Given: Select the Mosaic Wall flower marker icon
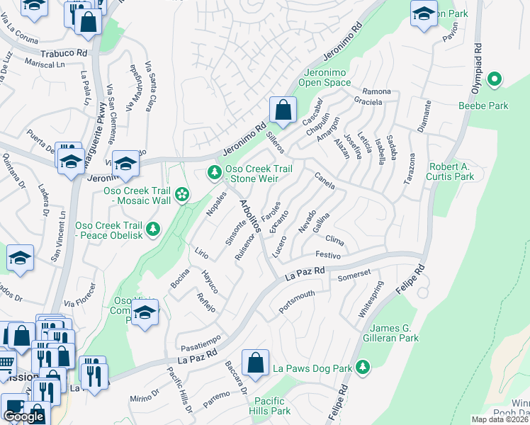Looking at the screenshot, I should tap(182, 193).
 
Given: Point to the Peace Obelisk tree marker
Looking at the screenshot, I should tap(152, 229).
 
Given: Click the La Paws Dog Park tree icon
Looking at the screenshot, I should tap(363, 366).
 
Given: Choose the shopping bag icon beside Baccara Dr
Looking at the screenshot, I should tap(255, 363).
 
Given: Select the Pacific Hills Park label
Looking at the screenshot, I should tap(273, 406).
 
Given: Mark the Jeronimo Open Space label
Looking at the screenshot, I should tap(327, 77).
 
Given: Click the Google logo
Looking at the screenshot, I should tap(23, 416).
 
